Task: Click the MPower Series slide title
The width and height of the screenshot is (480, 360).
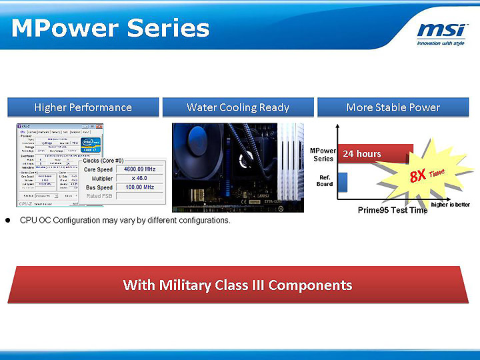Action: coord(111,29)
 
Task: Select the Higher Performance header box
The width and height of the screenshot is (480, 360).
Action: coord(83,107)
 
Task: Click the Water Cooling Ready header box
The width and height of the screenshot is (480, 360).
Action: coord(238,107)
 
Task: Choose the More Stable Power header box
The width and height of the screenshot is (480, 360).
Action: coord(393,107)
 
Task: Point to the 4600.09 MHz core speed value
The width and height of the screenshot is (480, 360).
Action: coord(139,169)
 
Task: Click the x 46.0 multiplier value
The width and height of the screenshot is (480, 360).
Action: coord(139,179)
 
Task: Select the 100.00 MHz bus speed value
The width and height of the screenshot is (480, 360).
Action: coord(139,187)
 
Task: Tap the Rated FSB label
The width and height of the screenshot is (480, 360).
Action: coord(99,196)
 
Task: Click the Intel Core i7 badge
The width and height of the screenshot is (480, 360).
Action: coord(91,145)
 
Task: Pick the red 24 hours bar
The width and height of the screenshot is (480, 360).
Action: coord(375,154)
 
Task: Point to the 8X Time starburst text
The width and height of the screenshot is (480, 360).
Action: coord(427,175)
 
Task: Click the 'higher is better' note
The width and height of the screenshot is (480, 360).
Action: coord(451,204)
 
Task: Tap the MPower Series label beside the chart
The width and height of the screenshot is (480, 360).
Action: coord(323,155)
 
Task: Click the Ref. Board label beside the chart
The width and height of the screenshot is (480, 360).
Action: coord(325,181)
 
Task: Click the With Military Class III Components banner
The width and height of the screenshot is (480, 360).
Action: coord(237,285)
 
